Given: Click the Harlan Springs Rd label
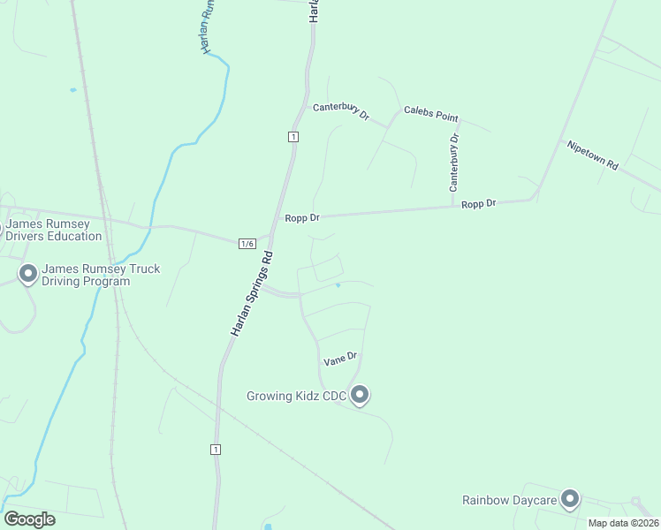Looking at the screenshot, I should pos(253,293).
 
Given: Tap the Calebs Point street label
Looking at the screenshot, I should pos(431,113).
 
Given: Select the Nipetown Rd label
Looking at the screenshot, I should pos(593,155).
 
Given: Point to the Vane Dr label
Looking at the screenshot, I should pos(340,358).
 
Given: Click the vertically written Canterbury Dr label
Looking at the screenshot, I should pos(454,163).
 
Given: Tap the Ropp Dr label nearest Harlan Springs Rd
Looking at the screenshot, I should pos(301,218).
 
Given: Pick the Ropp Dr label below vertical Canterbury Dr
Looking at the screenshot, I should pos(479,203).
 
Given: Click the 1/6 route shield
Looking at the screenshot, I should pos(247,244).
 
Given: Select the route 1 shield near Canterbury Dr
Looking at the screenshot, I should pos(293,136).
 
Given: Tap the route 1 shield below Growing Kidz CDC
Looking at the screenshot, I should pos(216,450).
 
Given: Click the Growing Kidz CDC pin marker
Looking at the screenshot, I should pos(360,395).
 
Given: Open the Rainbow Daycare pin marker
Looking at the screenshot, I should pos(570,500).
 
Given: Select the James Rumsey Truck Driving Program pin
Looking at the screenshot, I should pos(27,274).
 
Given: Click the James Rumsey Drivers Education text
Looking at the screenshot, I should pos(55,231).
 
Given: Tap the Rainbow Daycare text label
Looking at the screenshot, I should pos(509,501).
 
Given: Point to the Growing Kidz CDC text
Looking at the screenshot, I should pos(295,396).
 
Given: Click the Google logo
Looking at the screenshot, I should pos(29,519).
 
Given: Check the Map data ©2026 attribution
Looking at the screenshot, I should pos(623,523).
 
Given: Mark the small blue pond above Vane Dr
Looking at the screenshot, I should pos(338,285).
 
